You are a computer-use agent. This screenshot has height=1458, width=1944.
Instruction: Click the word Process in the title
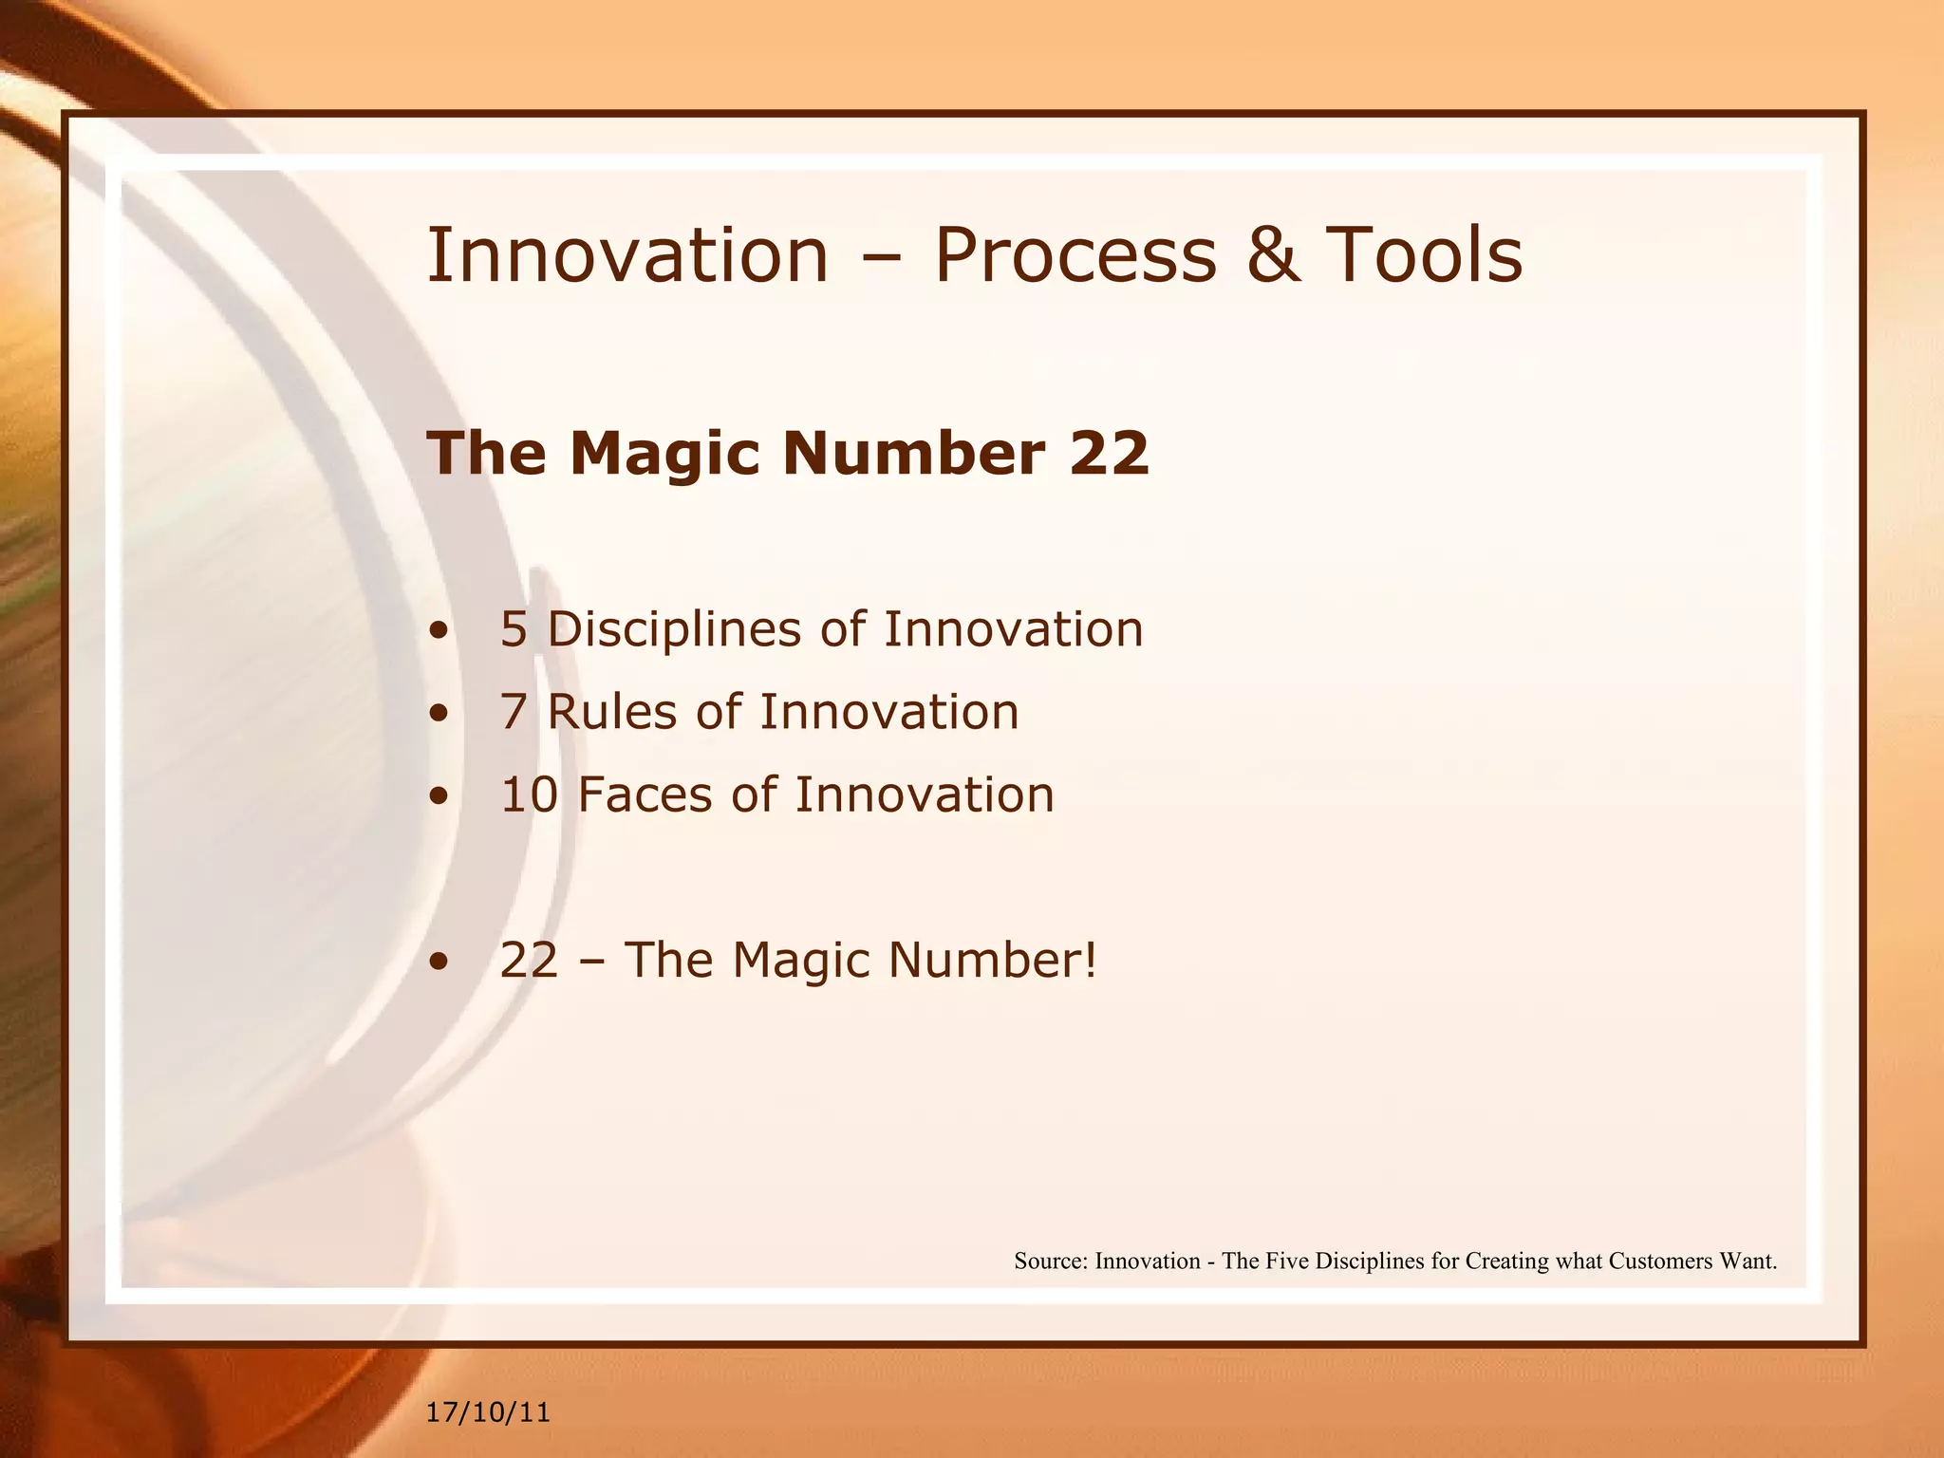[1075, 256]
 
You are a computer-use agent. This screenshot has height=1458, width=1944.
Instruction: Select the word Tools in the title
[1424, 256]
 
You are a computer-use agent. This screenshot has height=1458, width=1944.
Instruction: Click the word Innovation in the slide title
[627, 256]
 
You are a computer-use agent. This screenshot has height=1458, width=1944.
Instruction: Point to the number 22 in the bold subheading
[1109, 454]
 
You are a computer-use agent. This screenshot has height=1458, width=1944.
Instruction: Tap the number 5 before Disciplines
[513, 630]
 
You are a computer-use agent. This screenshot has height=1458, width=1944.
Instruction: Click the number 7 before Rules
[513, 713]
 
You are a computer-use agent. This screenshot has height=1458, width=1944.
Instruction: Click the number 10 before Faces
[529, 795]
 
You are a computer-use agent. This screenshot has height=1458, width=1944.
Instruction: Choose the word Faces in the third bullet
[644, 795]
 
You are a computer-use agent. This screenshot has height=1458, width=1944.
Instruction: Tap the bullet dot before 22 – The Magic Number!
[438, 962]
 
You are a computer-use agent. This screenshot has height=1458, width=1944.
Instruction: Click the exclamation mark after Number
[1090, 960]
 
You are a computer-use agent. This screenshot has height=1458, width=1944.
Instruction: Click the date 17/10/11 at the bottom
[488, 1412]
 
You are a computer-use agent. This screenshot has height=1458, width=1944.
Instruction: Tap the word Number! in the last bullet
[992, 960]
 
